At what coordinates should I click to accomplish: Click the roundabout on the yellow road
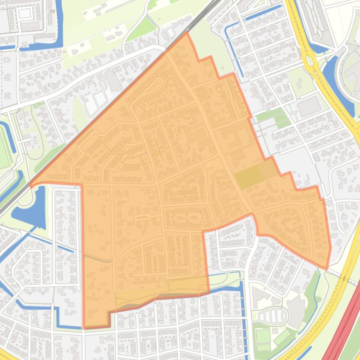point(309,60)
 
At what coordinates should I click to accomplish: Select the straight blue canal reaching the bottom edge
point(243,323)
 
